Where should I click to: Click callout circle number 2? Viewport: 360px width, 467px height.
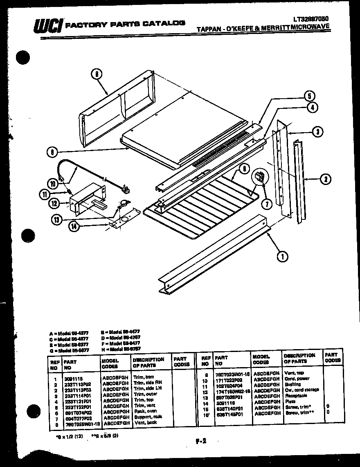click(x=326, y=178)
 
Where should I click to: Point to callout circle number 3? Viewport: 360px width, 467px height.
click(x=317, y=132)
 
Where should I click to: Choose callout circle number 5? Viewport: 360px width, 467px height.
click(x=309, y=97)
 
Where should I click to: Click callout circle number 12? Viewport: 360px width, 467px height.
click(x=54, y=203)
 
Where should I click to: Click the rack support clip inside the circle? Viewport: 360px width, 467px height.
click(x=259, y=177)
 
